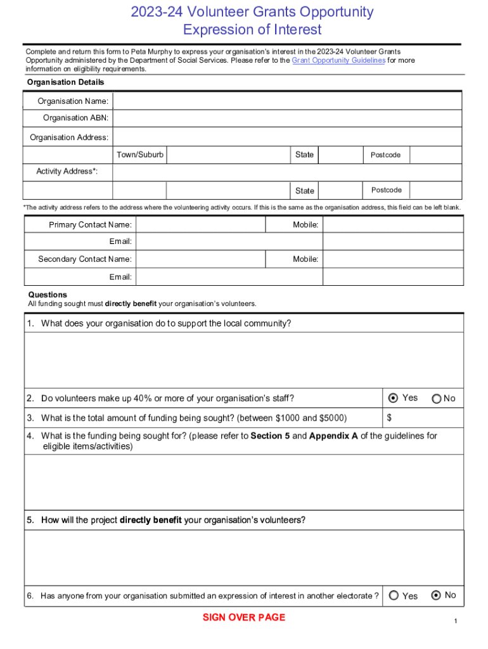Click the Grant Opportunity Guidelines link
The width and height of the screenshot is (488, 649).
[338, 60]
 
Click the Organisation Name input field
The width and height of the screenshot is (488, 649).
[287, 101]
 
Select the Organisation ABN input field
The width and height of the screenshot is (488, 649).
[287, 118]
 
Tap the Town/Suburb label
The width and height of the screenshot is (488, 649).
[140, 155]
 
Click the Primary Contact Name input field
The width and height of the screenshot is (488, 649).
[201, 225]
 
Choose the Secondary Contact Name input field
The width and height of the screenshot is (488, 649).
[201, 259]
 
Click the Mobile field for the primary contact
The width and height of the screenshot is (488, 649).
[392, 225]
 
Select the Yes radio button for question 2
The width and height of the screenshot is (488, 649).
[393, 398]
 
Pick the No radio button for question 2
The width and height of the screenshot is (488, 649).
[437, 399]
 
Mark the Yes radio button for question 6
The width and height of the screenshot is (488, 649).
[394, 595]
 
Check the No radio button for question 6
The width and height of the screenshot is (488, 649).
[436, 595]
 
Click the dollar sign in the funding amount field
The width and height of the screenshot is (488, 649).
[390, 418]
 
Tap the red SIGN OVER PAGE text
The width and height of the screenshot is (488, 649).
[244, 617]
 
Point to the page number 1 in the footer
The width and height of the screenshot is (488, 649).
[455, 621]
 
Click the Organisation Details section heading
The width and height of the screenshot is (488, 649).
[65, 82]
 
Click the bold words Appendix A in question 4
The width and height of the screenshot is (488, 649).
[333, 436]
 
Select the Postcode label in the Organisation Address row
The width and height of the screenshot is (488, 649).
[385, 155]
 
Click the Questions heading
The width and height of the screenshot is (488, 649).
[48, 295]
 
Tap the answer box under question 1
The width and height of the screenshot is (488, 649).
[244, 360]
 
